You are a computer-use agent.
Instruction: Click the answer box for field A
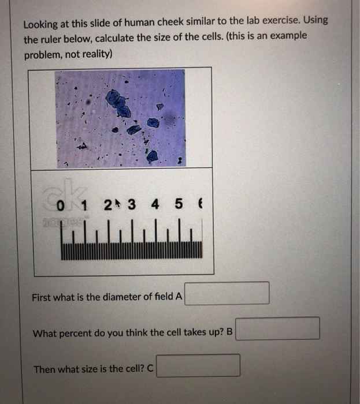[x=227, y=293]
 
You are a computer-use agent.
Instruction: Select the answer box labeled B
[x=277, y=328]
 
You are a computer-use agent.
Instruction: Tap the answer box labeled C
[x=198, y=366]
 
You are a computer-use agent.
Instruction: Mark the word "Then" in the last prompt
[x=44, y=369]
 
